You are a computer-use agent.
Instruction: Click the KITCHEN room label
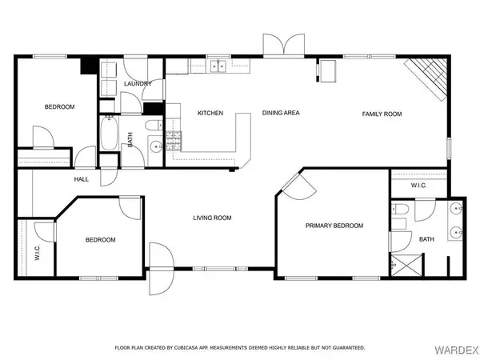(210, 113)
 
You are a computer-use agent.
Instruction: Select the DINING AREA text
(281, 113)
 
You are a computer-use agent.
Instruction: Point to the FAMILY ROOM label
(382, 114)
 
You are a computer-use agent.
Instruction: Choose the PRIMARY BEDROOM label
(334, 226)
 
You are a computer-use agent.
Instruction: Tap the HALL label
(82, 179)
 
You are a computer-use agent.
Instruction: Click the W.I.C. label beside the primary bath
(419, 186)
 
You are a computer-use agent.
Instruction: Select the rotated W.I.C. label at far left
(37, 252)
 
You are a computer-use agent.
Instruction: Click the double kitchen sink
(218, 66)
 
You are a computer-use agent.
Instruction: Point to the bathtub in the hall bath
(109, 134)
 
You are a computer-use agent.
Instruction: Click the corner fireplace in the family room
(426, 78)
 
